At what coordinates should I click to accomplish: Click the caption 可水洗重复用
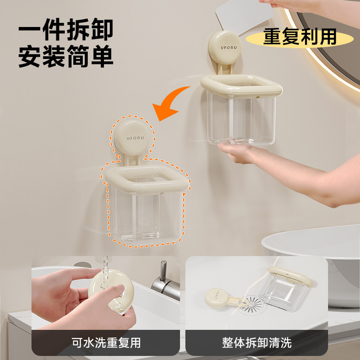tap(105, 342)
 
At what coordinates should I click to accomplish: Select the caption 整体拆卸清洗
tap(257, 342)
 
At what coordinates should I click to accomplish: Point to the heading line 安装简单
tap(66, 57)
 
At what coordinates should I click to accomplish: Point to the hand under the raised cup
tap(243, 153)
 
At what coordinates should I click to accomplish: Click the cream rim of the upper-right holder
tap(241, 86)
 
